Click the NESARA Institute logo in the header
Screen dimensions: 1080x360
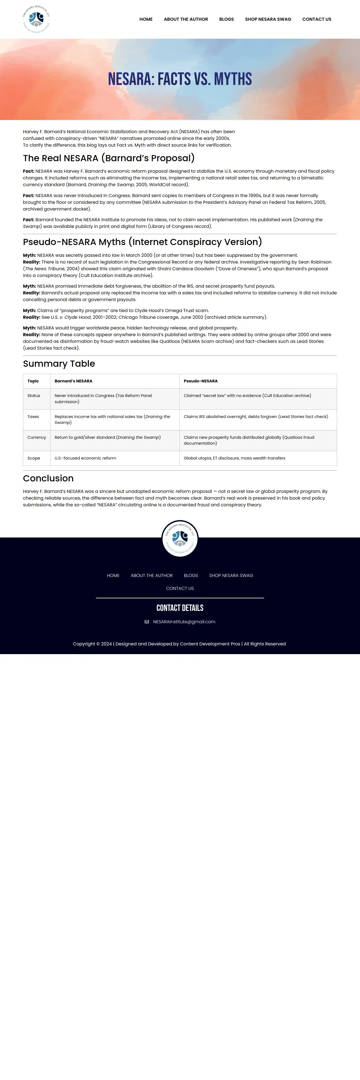click(x=36, y=19)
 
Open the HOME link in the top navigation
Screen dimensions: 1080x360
click(x=146, y=19)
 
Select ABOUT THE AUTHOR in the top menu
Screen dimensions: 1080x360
click(x=186, y=19)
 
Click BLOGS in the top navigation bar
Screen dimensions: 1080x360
click(x=226, y=19)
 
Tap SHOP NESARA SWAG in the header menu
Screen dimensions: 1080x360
click(x=268, y=19)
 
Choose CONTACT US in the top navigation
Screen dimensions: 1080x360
click(x=317, y=19)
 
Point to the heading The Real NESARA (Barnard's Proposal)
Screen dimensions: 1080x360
click(x=109, y=158)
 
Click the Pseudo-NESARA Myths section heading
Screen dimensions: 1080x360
click(x=142, y=242)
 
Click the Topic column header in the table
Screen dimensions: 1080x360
click(x=33, y=381)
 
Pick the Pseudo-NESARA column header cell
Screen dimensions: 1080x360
click(x=201, y=381)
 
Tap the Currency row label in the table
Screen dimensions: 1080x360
click(x=36, y=437)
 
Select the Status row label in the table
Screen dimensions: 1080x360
click(x=34, y=396)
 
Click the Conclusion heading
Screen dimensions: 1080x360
click(x=48, y=478)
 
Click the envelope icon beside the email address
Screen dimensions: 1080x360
click(x=147, y=622)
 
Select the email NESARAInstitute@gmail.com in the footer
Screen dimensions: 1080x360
click(x=184, y=622)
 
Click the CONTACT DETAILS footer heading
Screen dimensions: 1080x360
click(x=180, y=608)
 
